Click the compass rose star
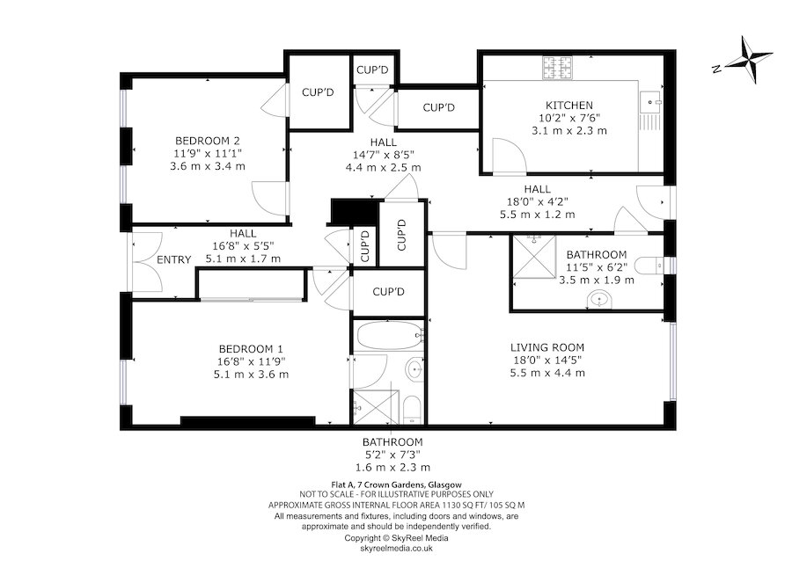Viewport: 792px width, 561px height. (746, 62)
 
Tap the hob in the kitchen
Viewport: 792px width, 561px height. (557, 66)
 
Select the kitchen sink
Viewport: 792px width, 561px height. (653, 99)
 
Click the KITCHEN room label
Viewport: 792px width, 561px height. (569, 105)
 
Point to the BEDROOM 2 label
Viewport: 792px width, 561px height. (207, 141)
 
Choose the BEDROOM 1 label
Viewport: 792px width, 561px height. (251, 347)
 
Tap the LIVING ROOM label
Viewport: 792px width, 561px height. (546, 346)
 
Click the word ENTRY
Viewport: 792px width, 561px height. (173, 259)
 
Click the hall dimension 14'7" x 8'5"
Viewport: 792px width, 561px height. (383, 154)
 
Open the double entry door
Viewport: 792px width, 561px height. (146, 262)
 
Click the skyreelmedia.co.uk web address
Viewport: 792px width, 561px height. (395, 547)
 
